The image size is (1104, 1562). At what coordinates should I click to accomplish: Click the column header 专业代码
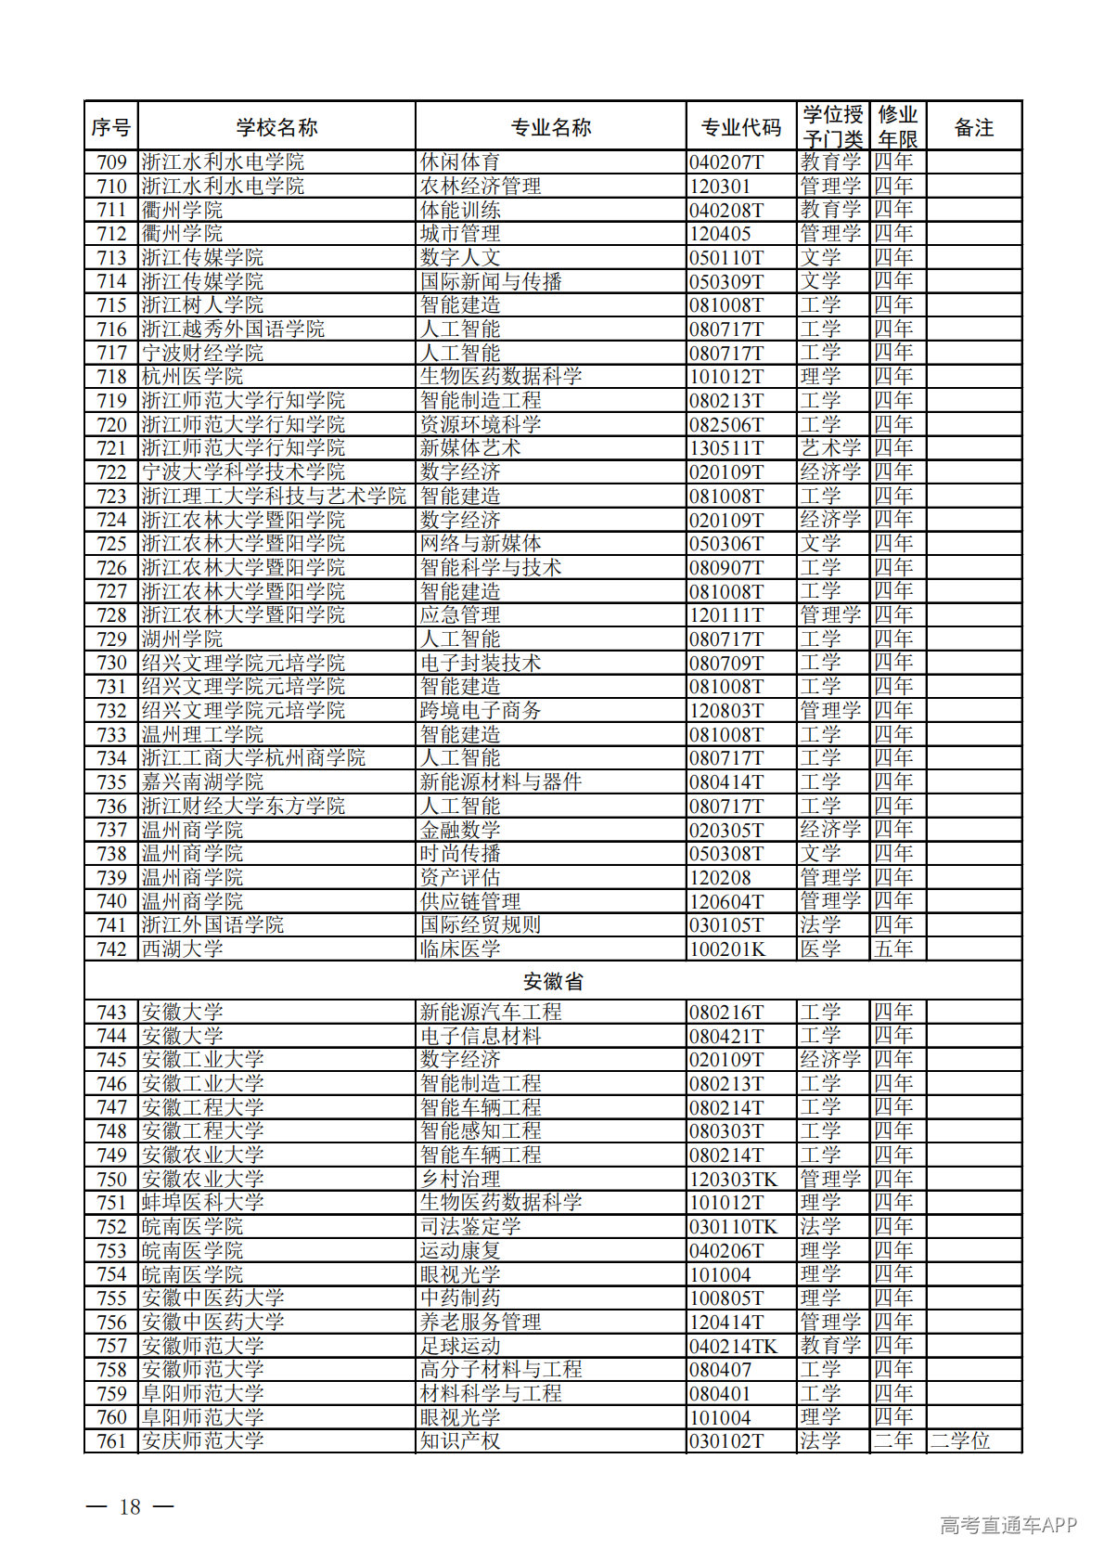[740, 127]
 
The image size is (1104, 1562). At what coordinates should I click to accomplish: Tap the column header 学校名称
[276, 127]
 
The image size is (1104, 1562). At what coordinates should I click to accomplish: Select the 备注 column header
[973, 127]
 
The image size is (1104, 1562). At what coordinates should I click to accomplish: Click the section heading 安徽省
[553, 981]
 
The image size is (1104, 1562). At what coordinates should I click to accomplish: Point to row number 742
[111, 949]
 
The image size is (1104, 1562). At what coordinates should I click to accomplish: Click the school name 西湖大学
[182, 949]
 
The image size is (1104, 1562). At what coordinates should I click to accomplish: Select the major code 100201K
[727, 949]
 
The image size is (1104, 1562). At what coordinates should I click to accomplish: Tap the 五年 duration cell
[893, 949]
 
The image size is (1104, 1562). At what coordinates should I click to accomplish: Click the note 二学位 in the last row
[960, 1441]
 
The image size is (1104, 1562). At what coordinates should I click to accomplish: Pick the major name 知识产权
[459, 1441]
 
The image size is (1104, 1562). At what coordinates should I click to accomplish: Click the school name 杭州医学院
[192, 377]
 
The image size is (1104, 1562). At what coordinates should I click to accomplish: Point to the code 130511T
[726, 448]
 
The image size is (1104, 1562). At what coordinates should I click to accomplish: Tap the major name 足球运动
[459, 1346]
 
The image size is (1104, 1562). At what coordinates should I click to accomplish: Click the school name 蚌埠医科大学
[202, 1203]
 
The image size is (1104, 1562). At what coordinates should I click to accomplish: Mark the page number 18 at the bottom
[130, 1506]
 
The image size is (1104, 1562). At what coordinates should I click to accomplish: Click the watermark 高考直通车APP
[1008, 1525]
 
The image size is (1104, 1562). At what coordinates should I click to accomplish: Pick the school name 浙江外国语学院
[212, 925]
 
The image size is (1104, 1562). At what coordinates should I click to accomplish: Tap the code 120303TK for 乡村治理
[733, 1180]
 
